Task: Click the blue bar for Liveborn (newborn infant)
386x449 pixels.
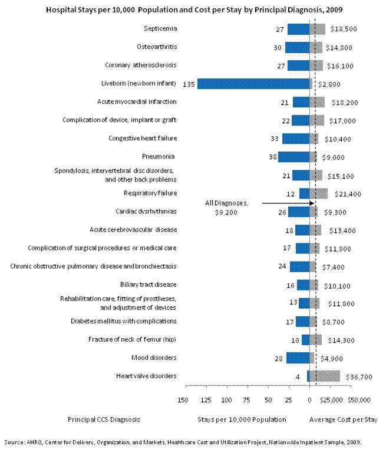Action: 253,84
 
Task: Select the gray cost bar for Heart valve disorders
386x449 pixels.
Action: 325,376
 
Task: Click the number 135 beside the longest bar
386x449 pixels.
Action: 189,84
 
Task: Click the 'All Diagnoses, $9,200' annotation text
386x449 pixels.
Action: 226,207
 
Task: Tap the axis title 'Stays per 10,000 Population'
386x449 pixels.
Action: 242,420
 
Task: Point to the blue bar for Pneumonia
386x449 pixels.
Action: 294,157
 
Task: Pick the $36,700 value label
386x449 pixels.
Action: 358,377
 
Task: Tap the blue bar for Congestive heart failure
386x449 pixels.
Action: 296,138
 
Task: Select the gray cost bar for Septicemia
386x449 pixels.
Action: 318,29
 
